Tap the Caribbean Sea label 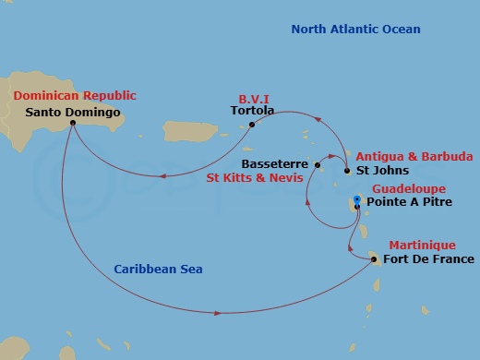pos(158,269)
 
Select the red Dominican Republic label pos(75,96)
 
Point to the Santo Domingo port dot pos(72,124)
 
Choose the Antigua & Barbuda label pos(414,156)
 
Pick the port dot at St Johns pos(346,171)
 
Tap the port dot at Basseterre pos(317,165)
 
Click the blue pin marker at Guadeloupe pos(357,199)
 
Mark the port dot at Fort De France pos(373,259)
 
